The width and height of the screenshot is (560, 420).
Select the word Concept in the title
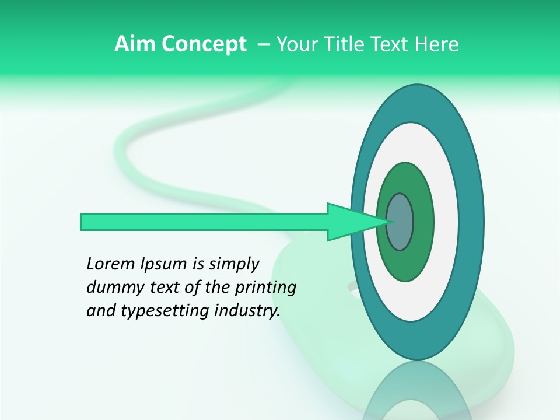[x=204, y=44]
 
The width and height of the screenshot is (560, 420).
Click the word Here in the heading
[x=436, y=44]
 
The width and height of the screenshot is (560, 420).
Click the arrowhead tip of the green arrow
[x=387, y=222]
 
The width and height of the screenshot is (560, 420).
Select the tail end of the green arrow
[x=83, y=222]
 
